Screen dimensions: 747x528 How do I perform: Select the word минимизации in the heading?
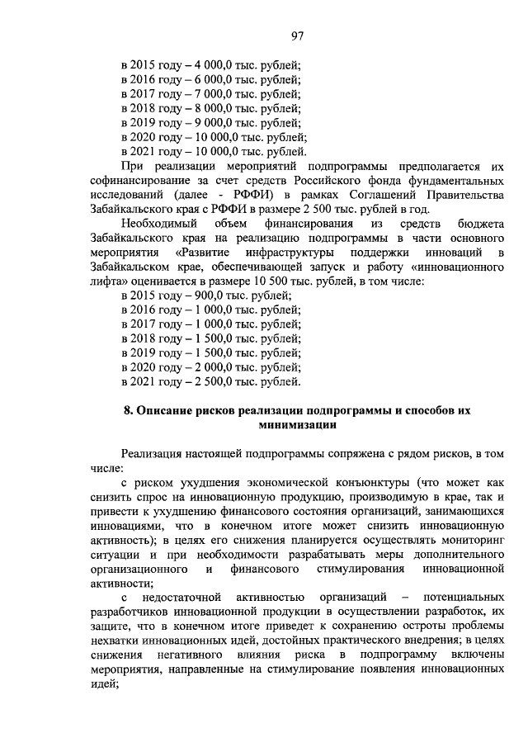pos(298,425)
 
